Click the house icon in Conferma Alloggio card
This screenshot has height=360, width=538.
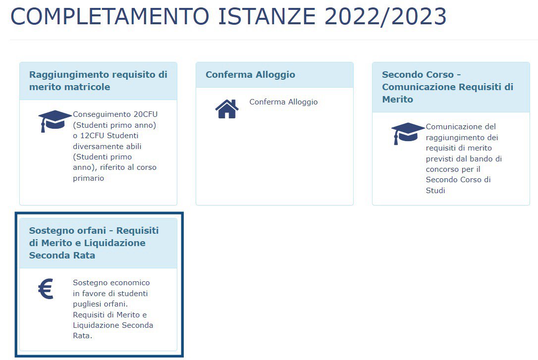(x=227, y=108)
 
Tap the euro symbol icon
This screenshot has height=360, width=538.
(x=46, y=289)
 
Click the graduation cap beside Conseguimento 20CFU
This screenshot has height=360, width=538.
(x=55, y=121)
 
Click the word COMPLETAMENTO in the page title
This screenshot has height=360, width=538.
(x=110, y=16)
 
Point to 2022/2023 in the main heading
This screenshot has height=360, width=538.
(x=385, y=16)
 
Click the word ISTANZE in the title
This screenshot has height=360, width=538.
(x=267, y=16)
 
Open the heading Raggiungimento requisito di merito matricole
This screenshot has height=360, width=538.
(x=98, y=81)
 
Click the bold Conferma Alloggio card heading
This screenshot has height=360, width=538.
(x=250, y=74)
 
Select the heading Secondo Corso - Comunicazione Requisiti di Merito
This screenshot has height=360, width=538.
(x=447, y=87)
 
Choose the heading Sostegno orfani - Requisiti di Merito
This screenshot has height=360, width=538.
(x=94, y=243)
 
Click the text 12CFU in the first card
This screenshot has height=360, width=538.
(x=92, y=135)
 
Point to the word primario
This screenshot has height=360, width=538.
(x=88, y=178)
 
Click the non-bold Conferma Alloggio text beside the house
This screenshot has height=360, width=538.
(x=283, y=102)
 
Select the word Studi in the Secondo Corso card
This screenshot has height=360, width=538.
(x=435, y=190)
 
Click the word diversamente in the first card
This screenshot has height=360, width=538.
(x=95, y=147)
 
